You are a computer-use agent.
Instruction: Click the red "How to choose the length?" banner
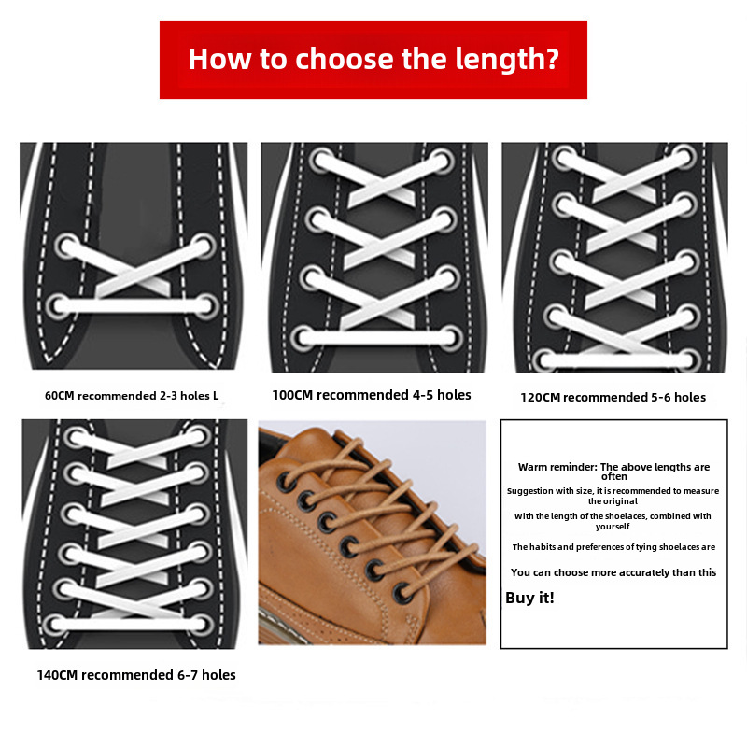[x=373, y=60]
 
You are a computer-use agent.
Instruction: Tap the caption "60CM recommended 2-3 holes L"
[x=132, y=396]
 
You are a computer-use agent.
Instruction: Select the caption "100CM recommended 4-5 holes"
[x=372, y=395]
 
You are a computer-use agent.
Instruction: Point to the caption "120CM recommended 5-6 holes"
[x=613, y=397]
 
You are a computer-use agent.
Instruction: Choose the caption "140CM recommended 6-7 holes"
[x=136, y=674]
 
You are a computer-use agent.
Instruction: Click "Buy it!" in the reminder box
[x=529, y=598]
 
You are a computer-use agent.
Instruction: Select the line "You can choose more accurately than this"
[x=613, y=572]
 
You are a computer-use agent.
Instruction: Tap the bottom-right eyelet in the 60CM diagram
[x=204, y=304]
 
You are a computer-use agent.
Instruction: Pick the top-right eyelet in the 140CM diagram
[x=199, y=436]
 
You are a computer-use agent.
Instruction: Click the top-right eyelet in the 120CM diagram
[x=683, y=158]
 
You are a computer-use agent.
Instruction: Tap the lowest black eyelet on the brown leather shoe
[x=402, y=592]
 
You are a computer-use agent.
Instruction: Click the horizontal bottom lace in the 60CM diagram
[x=132, y=305]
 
